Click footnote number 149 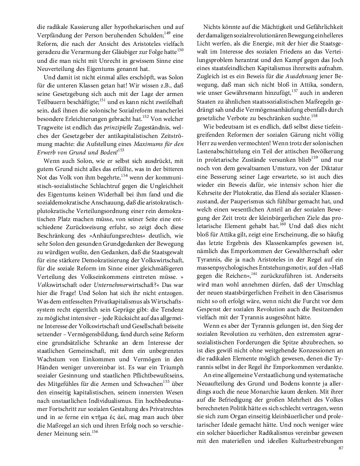click(167, 33)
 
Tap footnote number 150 click(181, 50)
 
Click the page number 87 click(341, 448)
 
